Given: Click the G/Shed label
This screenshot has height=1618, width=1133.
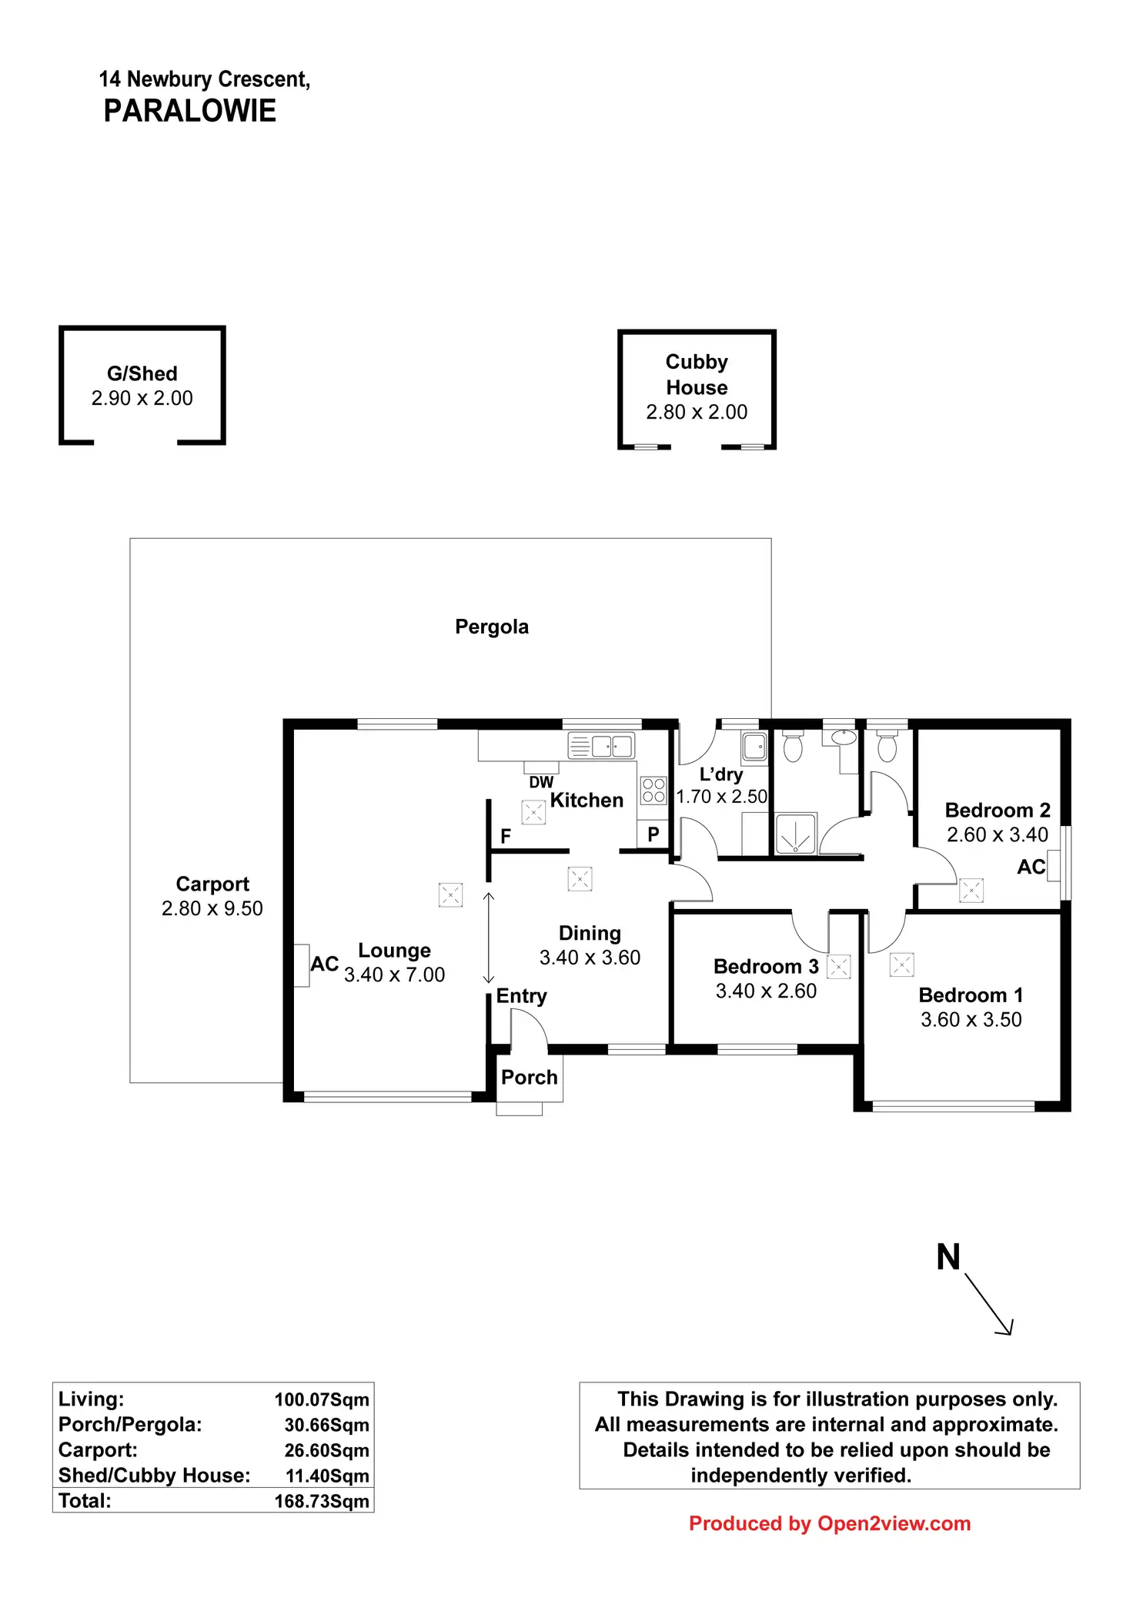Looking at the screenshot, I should pyautogui.click(x=142, y=373).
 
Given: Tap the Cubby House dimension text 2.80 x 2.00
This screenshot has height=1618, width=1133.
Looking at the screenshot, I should pyautogui.click(x=697, y=413).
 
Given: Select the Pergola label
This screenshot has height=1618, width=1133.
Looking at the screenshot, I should pyautogui.click(x=492, y=627).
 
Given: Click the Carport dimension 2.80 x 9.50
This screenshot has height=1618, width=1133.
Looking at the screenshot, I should pyautogui.click(x=212, y=908).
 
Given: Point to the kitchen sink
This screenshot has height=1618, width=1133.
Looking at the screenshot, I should pyautogui.click(x=601, y=746).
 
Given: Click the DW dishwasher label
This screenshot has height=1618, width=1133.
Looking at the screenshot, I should pyautogui.click(x=541, y=782).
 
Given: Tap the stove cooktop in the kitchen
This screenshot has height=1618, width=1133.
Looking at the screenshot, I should pyautogui.click(x=653, y=791).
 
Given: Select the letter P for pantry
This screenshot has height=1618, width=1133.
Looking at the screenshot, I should pyautogui.click(x=653, y=834).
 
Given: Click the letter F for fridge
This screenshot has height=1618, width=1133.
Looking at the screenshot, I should pyautogui.click(x=506, y=836).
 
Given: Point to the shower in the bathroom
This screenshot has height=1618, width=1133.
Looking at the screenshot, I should pyautogui.click(x=795, y=834).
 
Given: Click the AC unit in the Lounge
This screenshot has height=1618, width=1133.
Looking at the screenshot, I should pyautogui.click(x=301, y=965).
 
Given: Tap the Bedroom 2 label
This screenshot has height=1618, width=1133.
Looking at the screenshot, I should pyautogui.click(x=997, y=811).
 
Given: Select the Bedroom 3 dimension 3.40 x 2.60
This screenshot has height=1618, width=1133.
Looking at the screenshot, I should pyautogui.click(x=766, y=991).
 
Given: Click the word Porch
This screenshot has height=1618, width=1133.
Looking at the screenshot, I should pyautogui.click(x=529, y=1078).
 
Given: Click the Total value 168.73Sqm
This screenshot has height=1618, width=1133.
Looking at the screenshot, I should pyautogui.click(x=322, y=1501).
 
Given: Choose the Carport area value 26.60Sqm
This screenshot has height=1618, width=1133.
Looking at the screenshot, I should pyautogui.click(x=326, y=1450).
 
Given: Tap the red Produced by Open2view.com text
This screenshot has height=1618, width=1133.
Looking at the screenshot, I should pyautogui.click(x=829, y=1523).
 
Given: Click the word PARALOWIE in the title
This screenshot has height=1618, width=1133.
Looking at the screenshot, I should pyautogui.click(x=189, y=112).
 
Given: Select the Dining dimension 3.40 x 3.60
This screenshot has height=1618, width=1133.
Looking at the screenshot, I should pyautogui.click(x=590, y=958).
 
